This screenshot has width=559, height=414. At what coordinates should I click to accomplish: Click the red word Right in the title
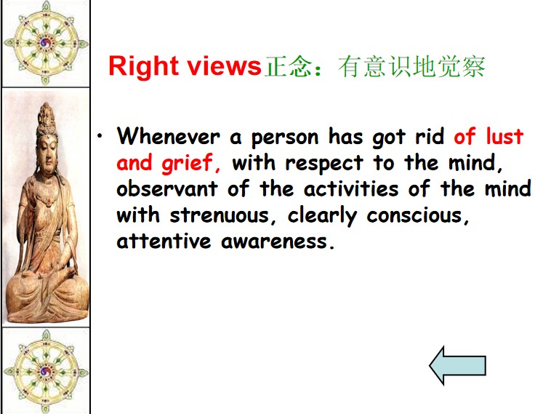click(144, 66)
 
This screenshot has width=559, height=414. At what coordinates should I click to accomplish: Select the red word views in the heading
click(225, 65)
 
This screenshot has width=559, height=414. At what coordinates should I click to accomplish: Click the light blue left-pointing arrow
click(457, 365)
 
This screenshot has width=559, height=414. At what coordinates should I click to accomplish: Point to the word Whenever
click(168, 136)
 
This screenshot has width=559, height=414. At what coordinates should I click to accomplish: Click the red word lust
click(504, 136)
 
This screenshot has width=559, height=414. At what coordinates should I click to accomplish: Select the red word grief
click(187, 164)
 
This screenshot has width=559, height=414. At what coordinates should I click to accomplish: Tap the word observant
click(167, 188)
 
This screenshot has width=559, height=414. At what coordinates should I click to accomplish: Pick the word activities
click(351, 188)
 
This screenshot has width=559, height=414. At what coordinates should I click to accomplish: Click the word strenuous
click(220, 215)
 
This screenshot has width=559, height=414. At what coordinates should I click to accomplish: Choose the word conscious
click(414, 215)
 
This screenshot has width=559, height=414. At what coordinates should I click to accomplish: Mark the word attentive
click(164, 242)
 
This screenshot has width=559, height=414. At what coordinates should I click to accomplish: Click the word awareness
click(274, 242)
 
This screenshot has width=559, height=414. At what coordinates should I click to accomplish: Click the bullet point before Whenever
click(100, 135)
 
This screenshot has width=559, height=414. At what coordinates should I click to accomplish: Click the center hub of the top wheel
click(45, 43)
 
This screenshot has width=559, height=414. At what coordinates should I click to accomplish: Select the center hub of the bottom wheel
click(45, 371)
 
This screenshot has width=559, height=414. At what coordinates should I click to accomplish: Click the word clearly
click(322, 216)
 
